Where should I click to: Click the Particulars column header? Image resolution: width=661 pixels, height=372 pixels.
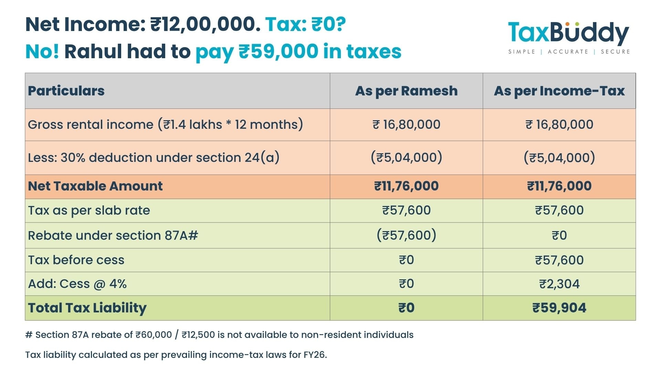[x=66, y=91]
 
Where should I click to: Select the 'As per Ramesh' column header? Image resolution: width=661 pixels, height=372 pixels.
[x=406, y=91]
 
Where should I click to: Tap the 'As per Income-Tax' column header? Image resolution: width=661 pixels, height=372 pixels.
[x=559, y=91]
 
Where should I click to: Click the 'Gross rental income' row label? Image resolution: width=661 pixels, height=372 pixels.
[x=165, y=124]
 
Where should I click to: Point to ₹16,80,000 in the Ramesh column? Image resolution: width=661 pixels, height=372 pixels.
[x=406, y=124]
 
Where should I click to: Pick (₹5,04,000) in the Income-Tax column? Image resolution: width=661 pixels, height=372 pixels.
[x=559, y=157]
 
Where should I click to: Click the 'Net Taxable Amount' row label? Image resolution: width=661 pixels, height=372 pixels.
[x=95, y=186]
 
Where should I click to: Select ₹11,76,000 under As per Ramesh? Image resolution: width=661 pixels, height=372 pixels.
[x=406, y=186]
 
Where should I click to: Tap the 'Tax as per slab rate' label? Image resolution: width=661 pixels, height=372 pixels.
[x=89, y=210]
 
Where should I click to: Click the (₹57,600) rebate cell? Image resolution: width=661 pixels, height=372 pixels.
[x=406, y=235]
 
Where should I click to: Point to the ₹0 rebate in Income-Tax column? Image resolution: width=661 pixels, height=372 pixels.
[x=559, y=235]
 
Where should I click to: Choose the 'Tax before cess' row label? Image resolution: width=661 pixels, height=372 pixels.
[x=76, y=260]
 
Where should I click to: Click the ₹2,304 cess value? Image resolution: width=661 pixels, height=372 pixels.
[x=559, y=284]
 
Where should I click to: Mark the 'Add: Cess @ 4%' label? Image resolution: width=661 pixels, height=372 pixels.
[x=77, y=284]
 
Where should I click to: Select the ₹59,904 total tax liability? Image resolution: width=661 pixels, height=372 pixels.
[x=559, y=308]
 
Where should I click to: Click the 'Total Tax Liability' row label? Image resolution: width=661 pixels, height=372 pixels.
[x=87, y=308]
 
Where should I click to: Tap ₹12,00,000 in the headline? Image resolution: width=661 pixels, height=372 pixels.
[x=205, y=25]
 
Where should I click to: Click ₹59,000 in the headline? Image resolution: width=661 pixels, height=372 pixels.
[x=278, y=51]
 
